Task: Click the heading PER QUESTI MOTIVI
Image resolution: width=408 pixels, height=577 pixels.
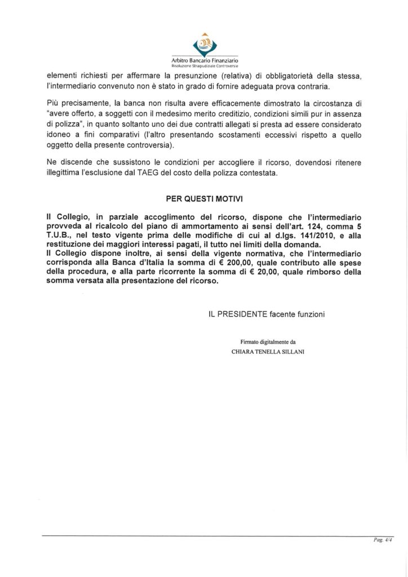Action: coord(203,199)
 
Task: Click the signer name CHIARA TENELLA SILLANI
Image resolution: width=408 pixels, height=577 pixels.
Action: coord(268,349)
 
